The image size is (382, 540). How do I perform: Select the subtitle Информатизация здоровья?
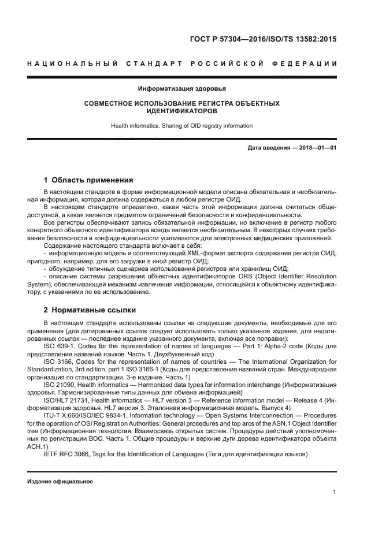tap(182, 89)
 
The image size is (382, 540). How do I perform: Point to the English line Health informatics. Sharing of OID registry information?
tap(182, 125)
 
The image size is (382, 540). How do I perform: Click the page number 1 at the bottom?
tap(335, 492)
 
